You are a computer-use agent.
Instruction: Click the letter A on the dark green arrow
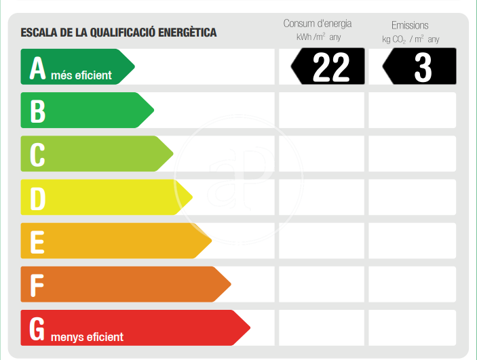click(38, 68)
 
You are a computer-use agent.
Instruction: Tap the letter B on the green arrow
click(38, 111)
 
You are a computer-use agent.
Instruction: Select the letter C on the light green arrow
click(38, 155)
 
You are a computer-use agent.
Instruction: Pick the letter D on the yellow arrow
click(38, 198)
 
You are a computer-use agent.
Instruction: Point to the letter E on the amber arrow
click(38, 241)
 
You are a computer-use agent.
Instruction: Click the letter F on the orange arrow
click(38, 285)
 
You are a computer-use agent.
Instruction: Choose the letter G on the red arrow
click(38, 329)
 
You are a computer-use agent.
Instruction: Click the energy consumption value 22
click(330, 67)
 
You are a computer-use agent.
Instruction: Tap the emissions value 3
click(422, 67)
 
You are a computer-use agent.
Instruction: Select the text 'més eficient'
click(81, 75)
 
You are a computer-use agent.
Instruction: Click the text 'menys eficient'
click(87, 336)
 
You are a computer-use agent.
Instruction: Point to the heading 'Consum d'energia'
click(318, 24)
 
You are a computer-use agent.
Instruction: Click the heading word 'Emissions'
click(410, 25)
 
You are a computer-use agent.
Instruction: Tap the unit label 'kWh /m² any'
click(318, 38)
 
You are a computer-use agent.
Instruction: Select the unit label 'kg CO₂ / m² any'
click(411, 39)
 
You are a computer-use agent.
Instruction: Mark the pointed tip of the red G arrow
click(250, 329)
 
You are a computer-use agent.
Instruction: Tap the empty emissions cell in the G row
click(412, 327)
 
